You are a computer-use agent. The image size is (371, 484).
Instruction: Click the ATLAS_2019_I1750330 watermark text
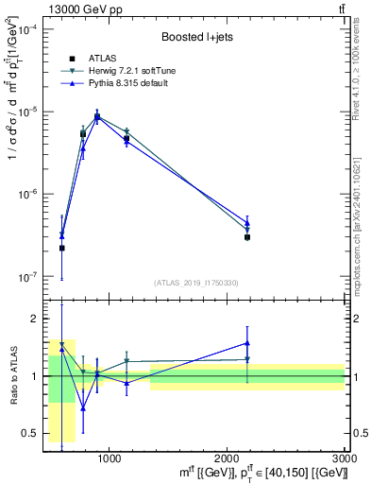pos(194,283)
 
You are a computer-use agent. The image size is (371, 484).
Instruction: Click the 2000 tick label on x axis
pos(228,458)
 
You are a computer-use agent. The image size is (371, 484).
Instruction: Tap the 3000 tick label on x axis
pos(344,458)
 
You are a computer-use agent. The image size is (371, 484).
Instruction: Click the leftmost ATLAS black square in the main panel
pos(62,248)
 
